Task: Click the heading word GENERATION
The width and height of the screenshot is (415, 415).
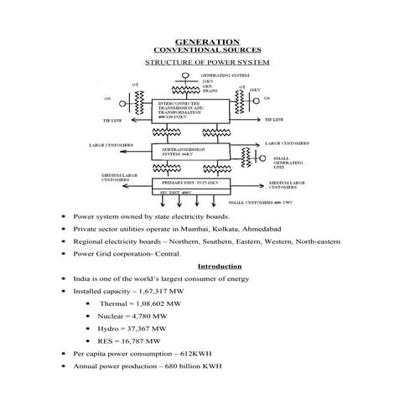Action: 207,41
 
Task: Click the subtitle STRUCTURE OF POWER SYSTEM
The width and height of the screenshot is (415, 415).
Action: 207,62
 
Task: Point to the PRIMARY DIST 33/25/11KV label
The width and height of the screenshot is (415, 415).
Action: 190,181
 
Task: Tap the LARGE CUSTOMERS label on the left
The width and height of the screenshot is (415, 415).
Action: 114,144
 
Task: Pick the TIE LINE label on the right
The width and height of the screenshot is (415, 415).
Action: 276,120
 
